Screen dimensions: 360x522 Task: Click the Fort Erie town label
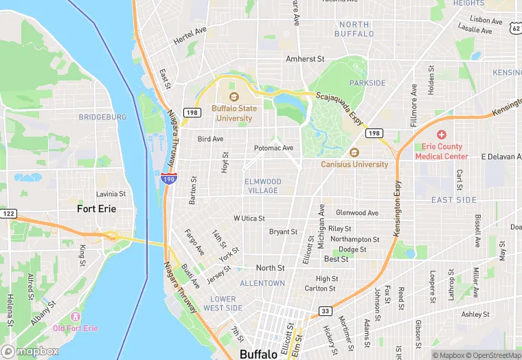[x=96, y=208]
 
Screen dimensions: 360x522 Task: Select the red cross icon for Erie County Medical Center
[x=441, y=135]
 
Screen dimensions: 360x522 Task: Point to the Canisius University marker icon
[x=354, y=153]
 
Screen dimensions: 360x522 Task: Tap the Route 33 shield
[x=325, y=312]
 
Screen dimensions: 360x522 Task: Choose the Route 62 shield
[x=515, y=27]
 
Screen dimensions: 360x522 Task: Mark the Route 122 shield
[x=8, y=214]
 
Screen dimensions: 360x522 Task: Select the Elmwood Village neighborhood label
[x=262, y=185]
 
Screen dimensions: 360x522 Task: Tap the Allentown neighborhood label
[x=262, y=283]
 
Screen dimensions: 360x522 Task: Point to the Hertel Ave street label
[x=190, y=36]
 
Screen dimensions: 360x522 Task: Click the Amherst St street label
[x=305, y=59]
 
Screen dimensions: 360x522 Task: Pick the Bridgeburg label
[x=102, y=117]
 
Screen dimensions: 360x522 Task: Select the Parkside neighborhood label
[x=367, y=83]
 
